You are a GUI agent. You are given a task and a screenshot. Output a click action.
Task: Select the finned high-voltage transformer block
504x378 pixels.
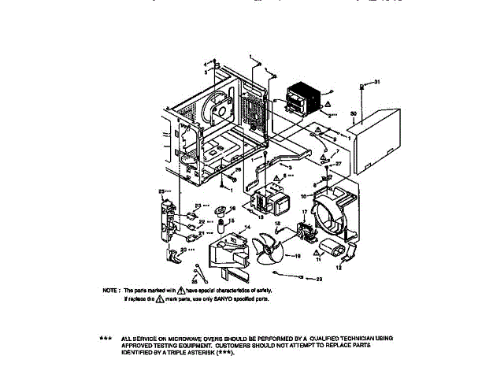pyautogui.click(x=305, y=98)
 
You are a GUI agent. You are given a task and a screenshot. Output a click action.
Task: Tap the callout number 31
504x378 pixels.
pyautogui.click(x=376, y=82)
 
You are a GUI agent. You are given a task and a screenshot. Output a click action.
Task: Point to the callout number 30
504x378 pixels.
pyautogui.click(x=354, y=114)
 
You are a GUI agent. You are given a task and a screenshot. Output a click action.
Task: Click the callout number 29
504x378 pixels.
pyautogui.click(x=319, y=279)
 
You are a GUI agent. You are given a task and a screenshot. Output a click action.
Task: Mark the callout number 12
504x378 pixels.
pyautogui.click(x=339, y=269)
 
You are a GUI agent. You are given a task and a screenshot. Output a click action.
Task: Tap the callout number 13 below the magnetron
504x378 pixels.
pyautogui.click(x=260, y=216)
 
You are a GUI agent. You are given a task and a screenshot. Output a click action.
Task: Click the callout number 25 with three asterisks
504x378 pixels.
pyautogui.click(x=163, y=191)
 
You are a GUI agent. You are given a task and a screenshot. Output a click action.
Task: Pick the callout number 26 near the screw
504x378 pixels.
pyautogui.click(x=239, y=170)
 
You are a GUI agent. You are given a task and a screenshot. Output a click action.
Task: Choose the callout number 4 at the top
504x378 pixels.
pyautogui.click(x=206, y=63)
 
